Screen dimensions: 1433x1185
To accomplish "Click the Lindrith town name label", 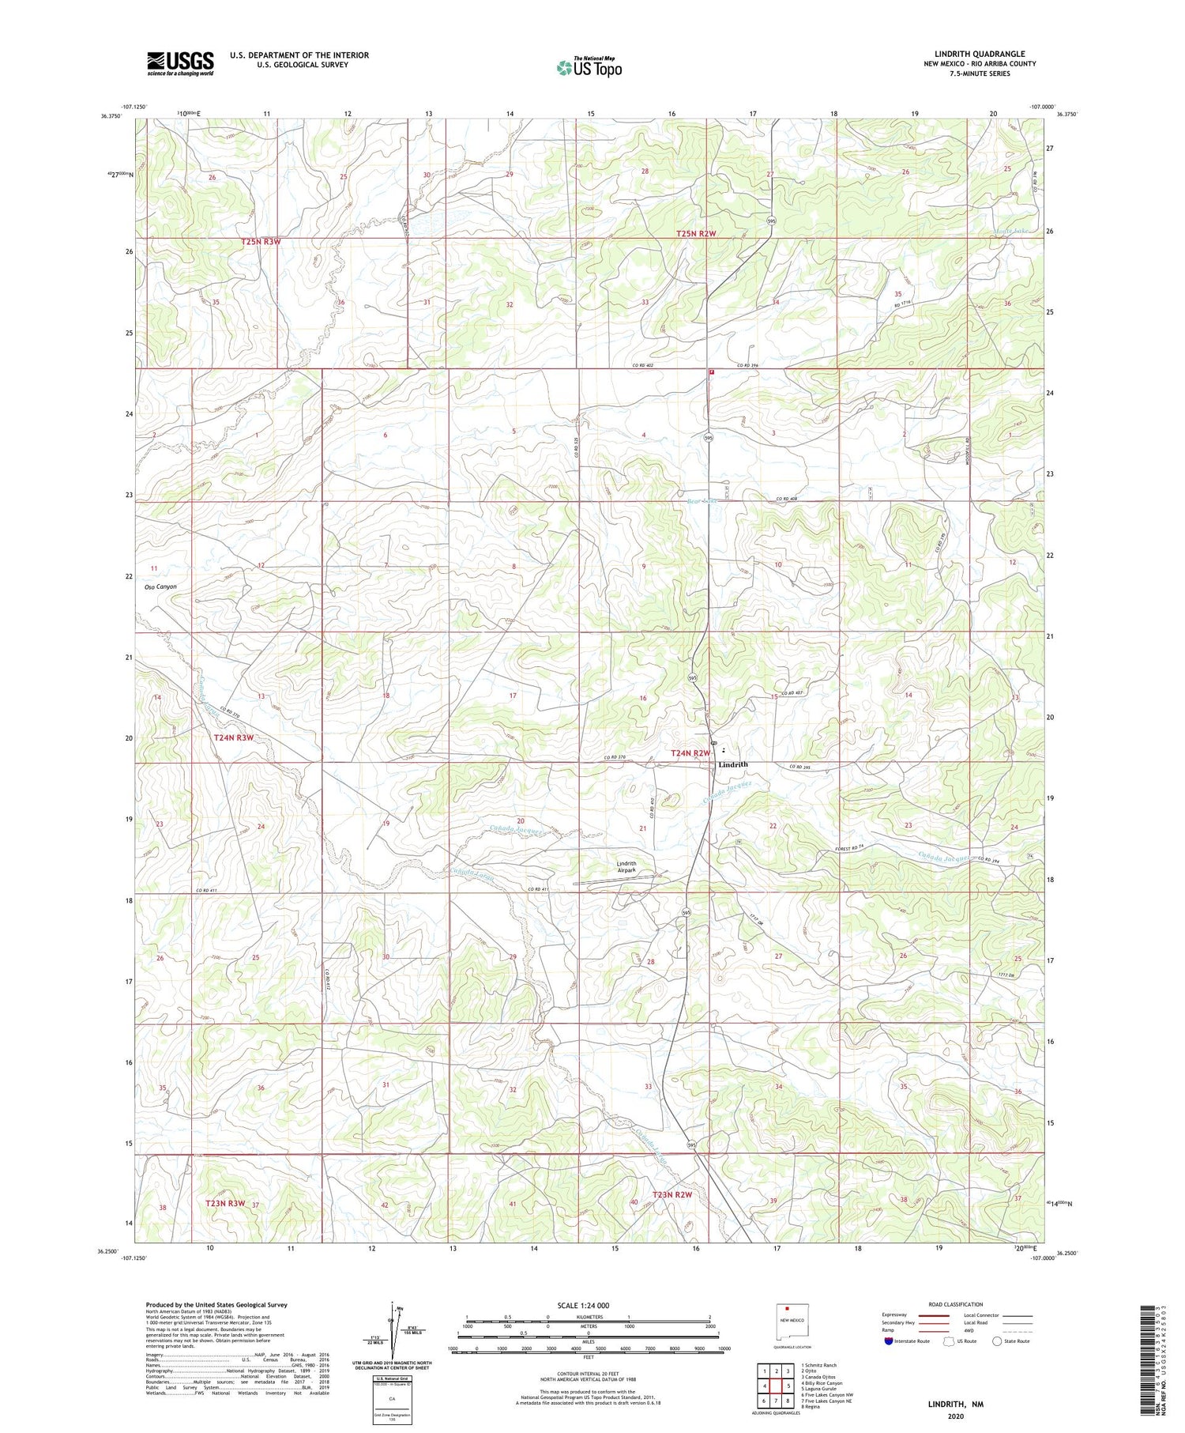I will [732, 764].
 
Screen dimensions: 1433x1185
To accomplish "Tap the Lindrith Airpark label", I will [631, 867].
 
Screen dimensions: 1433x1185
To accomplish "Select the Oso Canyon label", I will [160, 586].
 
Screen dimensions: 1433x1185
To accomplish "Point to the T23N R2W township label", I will [671, 1194].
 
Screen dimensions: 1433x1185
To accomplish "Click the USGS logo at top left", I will [180, 63].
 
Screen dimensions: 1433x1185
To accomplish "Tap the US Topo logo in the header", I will [589, 68].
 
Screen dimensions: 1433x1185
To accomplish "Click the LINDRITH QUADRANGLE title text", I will [980, 54].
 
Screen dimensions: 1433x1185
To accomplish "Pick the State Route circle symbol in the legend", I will [997, 1341].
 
